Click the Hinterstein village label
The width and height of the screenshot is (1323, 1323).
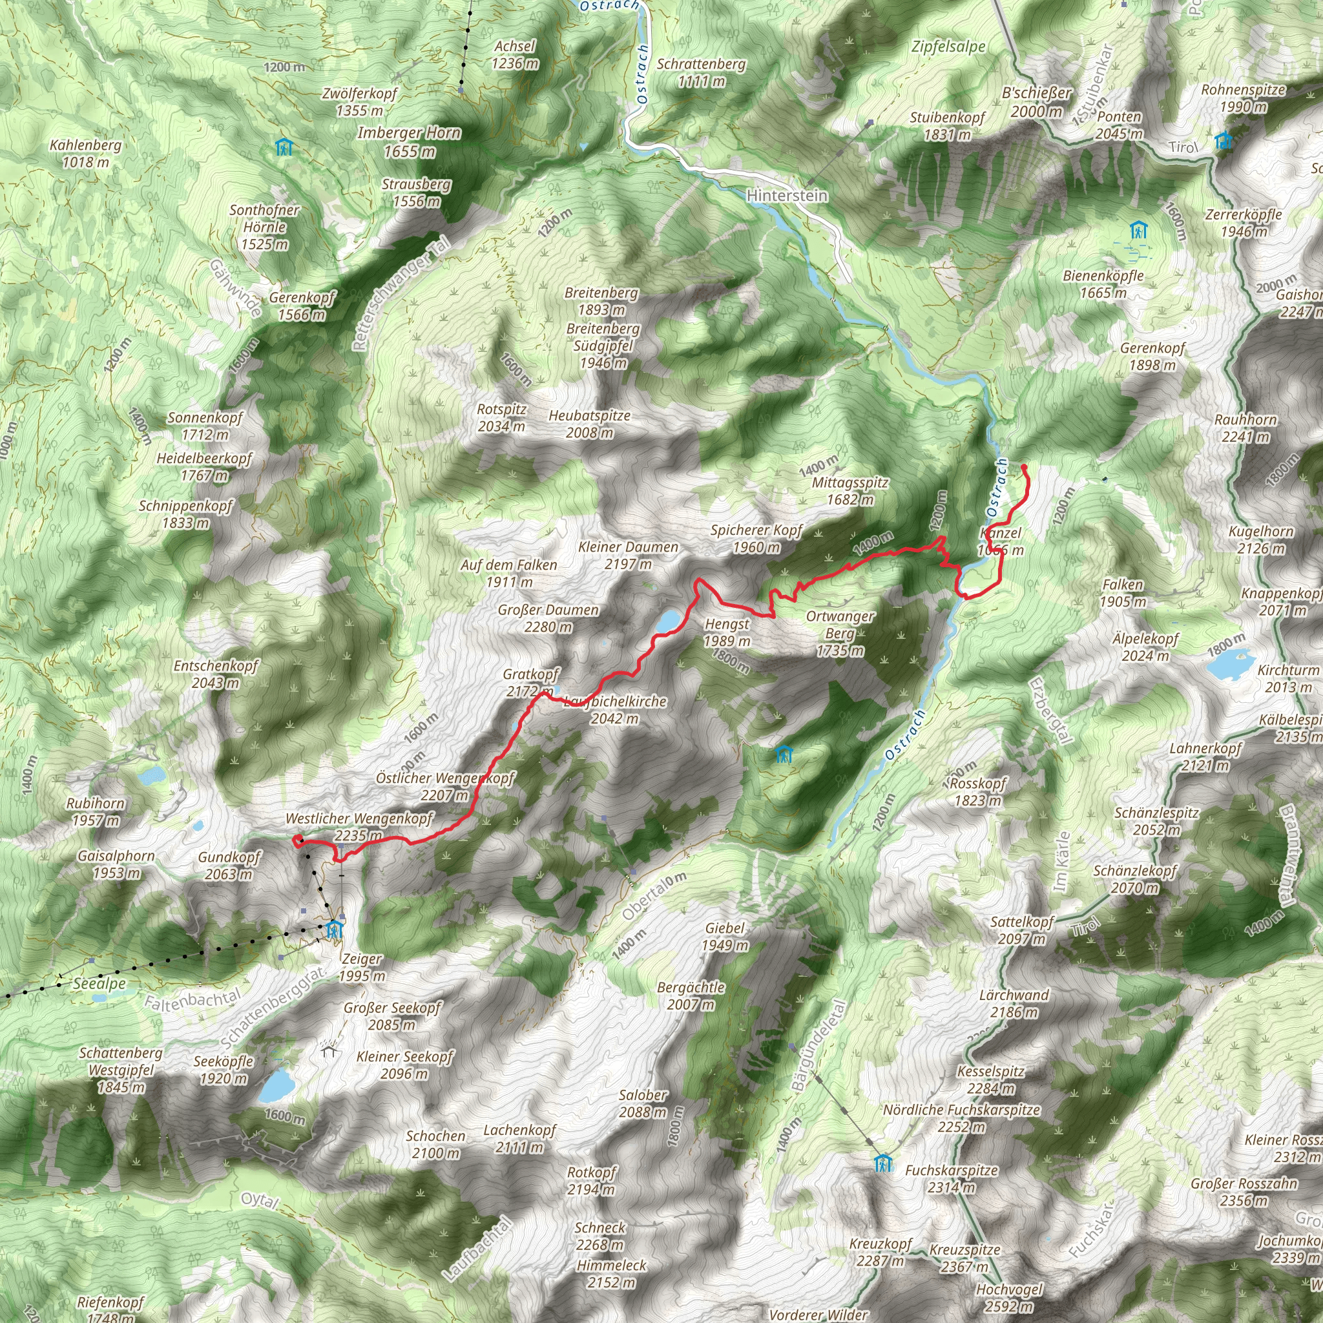(x=787, y=196)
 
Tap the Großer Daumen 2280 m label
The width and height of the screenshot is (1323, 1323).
(x=548, y=618)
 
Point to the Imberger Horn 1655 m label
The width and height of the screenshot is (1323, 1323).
(x=409, y=141)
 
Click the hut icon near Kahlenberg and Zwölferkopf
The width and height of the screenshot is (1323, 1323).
(x=284, y=147)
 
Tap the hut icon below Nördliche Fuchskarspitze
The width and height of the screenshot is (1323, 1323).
(x=882, y=1163)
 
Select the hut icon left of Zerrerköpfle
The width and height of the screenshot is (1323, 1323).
(x=1138, y=230)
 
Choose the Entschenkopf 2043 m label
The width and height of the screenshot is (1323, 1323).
(x=215, y=674)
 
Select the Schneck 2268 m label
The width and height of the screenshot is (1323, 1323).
(x=600, y=1236)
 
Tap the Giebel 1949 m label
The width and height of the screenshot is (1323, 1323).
(x=725, y=937)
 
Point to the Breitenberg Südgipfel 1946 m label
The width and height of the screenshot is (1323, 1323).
(x=603, y=346)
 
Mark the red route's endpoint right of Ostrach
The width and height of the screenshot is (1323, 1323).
(x=1024, y=467)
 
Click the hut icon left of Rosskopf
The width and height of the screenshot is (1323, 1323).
(x=784, y=755)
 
